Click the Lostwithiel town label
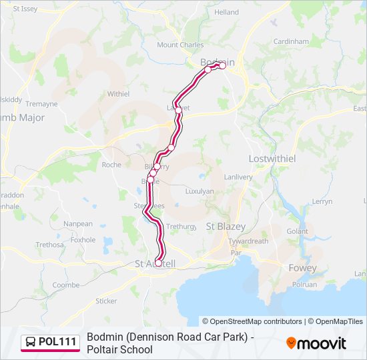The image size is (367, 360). pyautogui.click(x=272, y=159)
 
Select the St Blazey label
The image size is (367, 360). pyautogui.click(x=226, y=227)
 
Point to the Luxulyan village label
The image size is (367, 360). pyautogui.click(x=200, y=191)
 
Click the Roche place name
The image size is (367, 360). pyautogui.click(x=111, y=165)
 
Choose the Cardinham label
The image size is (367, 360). pyautogui.click(x=291, y=41)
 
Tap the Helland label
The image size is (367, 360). pyautogui.click(x=226, y=12)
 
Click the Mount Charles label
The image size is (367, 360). pyautogui.click(x=180, y=45)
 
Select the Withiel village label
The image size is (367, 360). pyautogui.click(x=118, y=94)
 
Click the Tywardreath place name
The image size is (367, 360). pyautogui.click(x=248, y=241)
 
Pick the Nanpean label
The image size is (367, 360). pyautogui.click(x=79, y=224)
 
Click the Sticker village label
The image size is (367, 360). pyautogui.click(x=106, y=301)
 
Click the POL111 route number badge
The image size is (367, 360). pyautogui.click(x=51, y=342)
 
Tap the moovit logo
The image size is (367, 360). pyautogui.click(x=316, y=343)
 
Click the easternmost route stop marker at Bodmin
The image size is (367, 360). pyautogui.click(x=223, y=65)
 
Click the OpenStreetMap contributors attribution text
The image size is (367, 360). pyautogui.click(x=252, y=321)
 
